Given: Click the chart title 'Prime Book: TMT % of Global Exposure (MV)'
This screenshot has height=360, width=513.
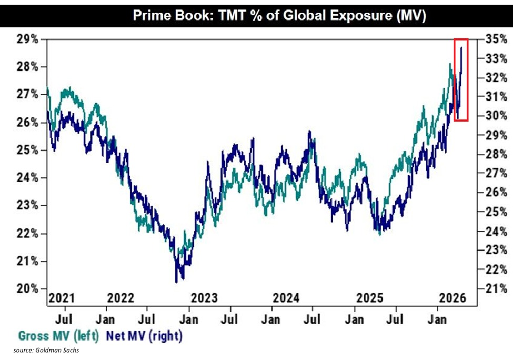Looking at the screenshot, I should [x=279, y=15].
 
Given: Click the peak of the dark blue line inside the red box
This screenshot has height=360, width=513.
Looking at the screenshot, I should [x=461, y=48].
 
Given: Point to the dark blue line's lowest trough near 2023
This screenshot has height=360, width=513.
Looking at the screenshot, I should [x=176, y=282].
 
